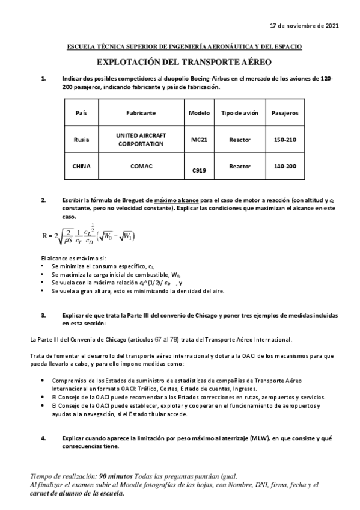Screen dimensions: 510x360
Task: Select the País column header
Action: pyautogui.click(x=81, y=113)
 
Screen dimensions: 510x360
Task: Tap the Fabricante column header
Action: pyautogui.click(x=141, y=113)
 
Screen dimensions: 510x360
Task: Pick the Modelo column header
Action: pyautogui.click(x=199, y=113)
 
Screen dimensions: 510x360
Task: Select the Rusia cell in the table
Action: pyautogui.click(x=81, y=140)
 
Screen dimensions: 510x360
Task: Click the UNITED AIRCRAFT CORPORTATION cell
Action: pyautogui.click(x=141, y=140)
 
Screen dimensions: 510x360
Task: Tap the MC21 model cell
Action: pyautogui.click(x=199, y=140)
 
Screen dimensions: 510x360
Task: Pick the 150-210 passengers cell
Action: pyautogui.click(x=284, y=140)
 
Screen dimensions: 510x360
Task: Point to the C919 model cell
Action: pyautogui.click(x=199, y=171)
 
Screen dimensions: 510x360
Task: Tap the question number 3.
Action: pyautogui.click(x=43, y=315)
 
